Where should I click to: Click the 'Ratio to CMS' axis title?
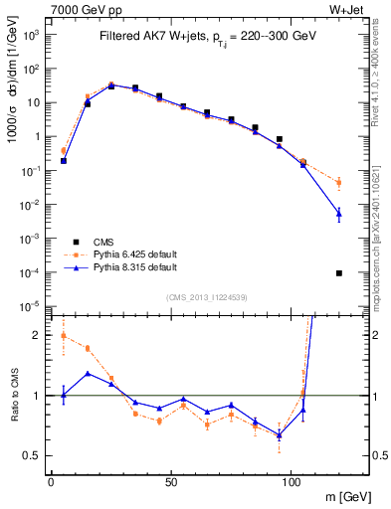[x=15, y=396]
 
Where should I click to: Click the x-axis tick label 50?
[x=171, y=482]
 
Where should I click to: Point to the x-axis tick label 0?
[x=51, y=482]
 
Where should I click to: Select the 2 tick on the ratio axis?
[x=41, y=336]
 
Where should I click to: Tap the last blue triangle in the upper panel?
[x=339, y=213]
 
